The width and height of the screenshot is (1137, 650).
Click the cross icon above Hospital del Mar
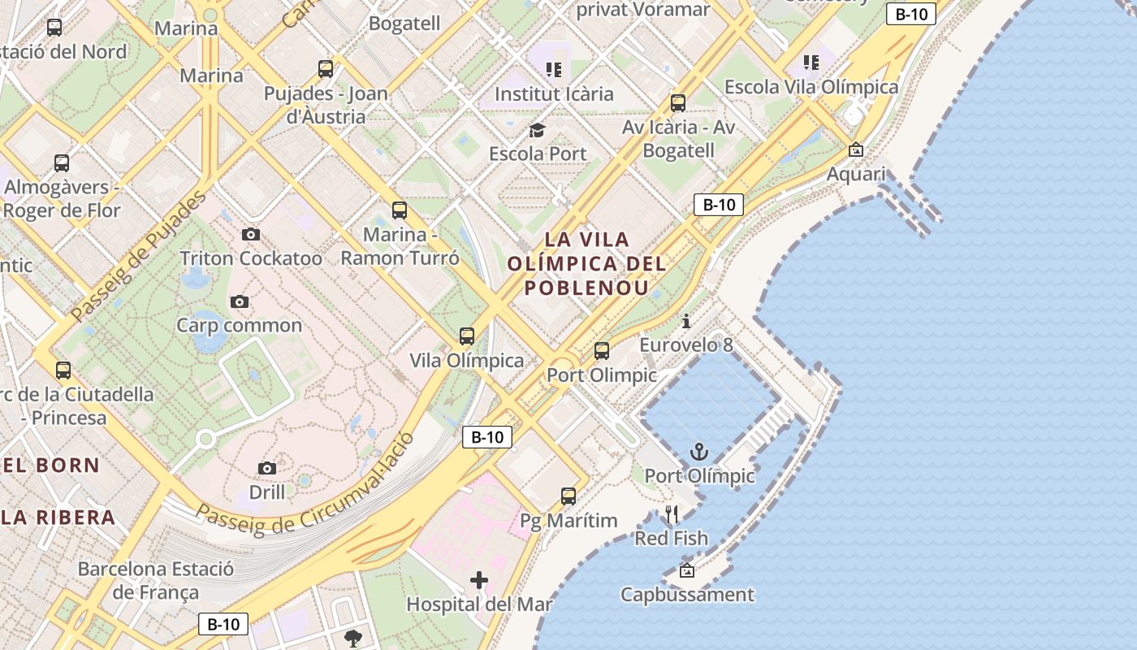479,580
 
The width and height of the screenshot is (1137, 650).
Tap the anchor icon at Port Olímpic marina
699,452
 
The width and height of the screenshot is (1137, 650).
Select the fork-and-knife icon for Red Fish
672,514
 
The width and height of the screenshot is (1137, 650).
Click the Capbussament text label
687,595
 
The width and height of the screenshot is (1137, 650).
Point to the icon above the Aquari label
855,150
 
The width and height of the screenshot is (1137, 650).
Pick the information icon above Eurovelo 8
686,321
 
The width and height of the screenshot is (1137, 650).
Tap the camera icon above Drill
266,468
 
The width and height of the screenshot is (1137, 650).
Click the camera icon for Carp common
239,301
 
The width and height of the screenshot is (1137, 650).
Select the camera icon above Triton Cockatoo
251,235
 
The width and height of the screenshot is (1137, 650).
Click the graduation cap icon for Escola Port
537,130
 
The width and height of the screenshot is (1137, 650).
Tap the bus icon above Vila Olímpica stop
467,336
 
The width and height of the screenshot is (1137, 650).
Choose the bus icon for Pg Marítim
568,496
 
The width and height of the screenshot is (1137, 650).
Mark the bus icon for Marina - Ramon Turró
400,210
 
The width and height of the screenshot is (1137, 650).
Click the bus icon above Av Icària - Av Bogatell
678,103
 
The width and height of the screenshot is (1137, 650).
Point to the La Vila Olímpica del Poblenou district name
586,263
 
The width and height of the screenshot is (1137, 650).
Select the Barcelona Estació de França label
156,580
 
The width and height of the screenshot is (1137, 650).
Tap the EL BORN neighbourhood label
50,466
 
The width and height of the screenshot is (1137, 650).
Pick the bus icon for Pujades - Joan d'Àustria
326,69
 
